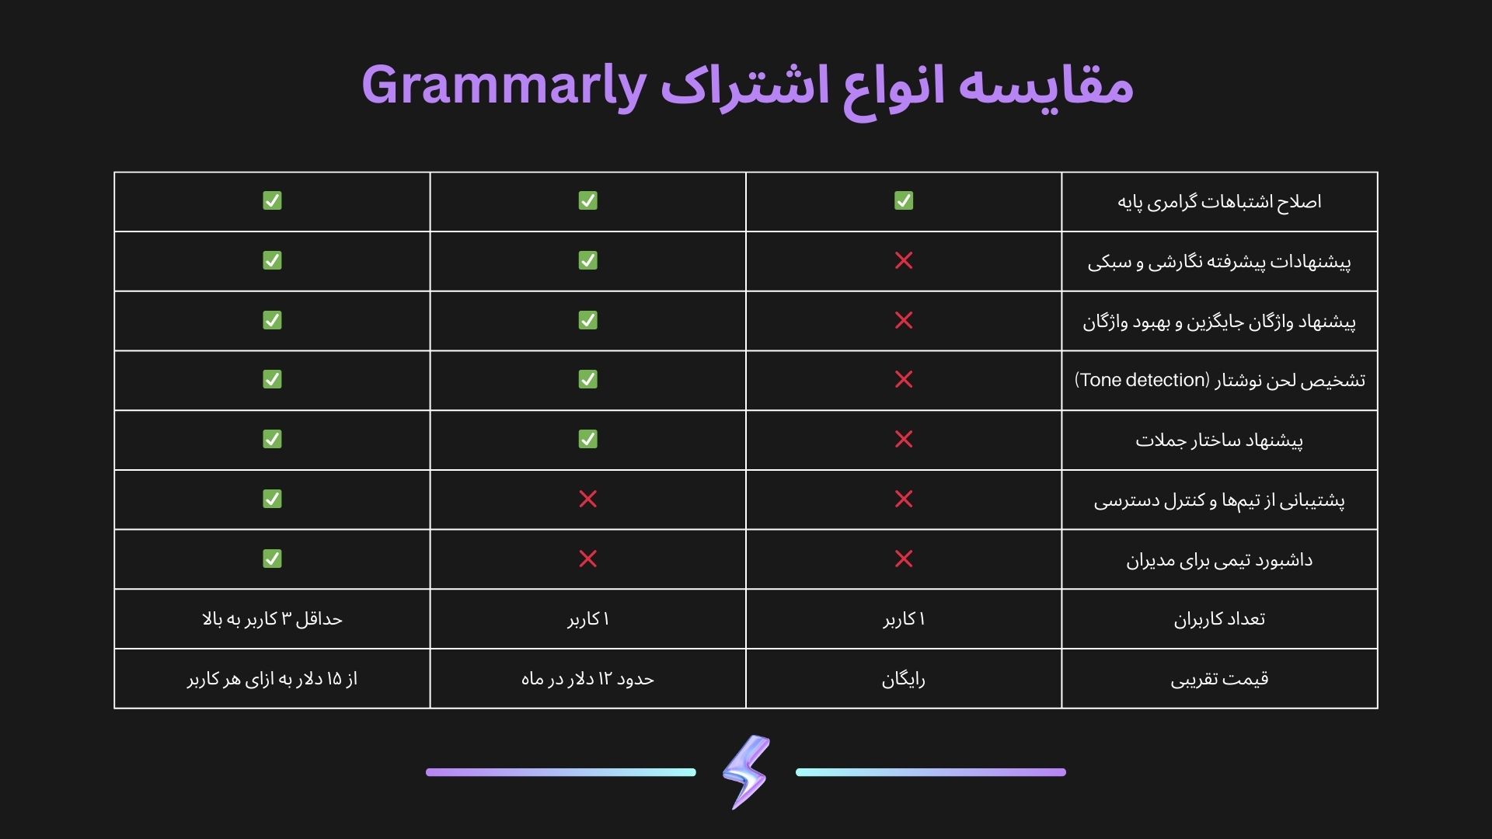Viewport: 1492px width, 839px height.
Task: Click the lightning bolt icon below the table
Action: pos(746,772)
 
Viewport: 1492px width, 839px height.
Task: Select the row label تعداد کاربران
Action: pos(1219,619)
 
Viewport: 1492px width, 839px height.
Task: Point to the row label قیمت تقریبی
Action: pos(1219,679)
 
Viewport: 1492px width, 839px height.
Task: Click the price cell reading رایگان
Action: pos(903,680)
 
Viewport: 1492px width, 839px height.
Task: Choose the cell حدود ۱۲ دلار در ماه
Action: pos(587,679)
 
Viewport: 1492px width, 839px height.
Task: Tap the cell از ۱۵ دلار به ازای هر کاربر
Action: pos(272,679)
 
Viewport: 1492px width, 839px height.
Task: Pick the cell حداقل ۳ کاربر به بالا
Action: pos(272,619)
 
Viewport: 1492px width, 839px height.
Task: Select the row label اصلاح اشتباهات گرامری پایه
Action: pos(1219,202)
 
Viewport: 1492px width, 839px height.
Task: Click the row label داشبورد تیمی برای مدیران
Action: pos(1219,560)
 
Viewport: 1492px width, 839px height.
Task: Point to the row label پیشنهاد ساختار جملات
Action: pos(1219,440)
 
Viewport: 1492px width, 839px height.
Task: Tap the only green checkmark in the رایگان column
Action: pos(904,200)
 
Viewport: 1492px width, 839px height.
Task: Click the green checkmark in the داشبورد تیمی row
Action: pos(272,559)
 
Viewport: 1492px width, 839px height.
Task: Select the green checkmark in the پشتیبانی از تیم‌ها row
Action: pos(272,499)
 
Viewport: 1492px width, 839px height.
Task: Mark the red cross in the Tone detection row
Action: pos(904,379)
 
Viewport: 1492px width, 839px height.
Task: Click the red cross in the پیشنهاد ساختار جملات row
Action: pos(904,439)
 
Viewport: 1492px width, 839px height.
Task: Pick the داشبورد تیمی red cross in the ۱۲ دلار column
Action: pos(588,559)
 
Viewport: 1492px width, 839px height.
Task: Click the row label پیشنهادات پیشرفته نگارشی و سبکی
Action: pos(1219,262)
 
